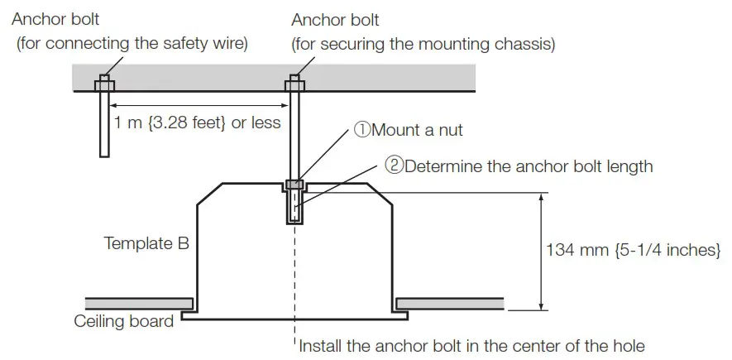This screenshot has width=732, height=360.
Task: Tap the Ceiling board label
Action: tap(124, 321)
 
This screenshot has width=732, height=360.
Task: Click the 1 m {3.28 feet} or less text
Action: tap(198, 123)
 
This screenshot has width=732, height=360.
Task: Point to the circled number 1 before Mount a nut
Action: tap(362, 130)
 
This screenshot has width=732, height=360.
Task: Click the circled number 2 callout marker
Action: tap(393, 166)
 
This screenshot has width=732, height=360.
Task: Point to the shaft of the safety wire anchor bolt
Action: tap(105, 124)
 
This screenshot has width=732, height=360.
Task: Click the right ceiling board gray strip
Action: tap(451, 302)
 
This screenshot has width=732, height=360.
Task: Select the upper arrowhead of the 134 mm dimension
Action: tap(541, 198)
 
